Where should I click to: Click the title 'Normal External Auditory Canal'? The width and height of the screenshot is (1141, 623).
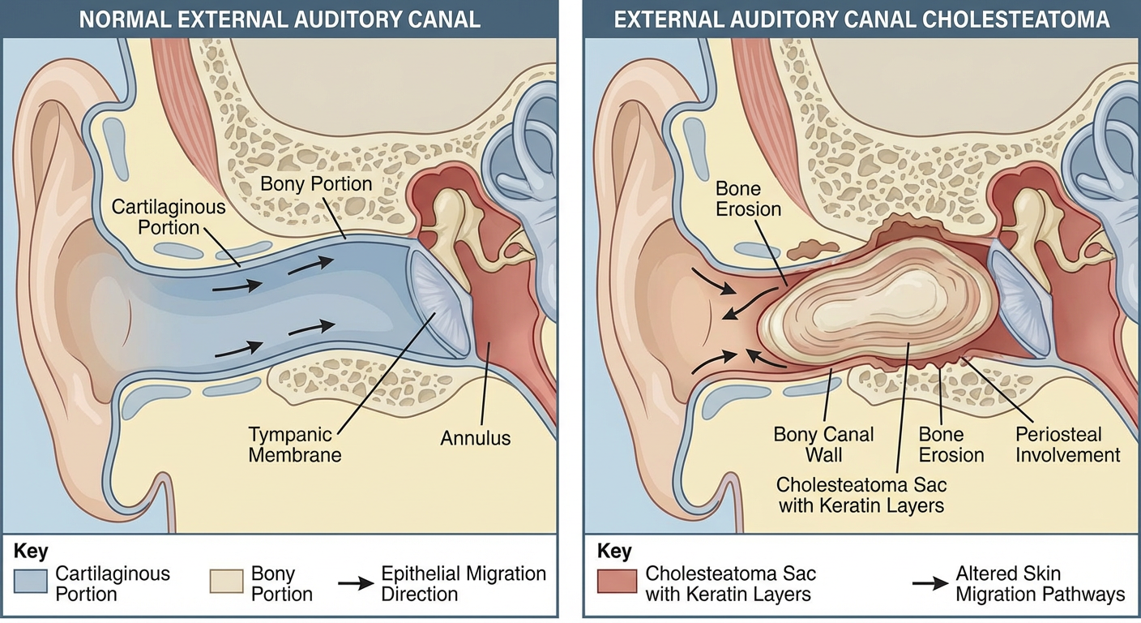click(x=280, y=19)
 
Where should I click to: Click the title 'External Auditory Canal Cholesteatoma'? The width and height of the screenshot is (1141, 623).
click(x=861, y=19)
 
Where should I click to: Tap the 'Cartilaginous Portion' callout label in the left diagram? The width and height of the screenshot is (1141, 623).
click(x=169, y=217)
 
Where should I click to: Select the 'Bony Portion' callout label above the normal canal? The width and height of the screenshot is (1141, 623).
click(x=316, y=184)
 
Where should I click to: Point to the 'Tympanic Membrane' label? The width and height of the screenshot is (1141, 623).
click(x=294, y=444)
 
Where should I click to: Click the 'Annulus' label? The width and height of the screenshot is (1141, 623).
click(x=476, y=438)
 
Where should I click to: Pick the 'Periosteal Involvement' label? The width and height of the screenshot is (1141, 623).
click(x=1067, y=444)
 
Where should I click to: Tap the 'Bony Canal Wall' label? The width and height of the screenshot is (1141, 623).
click(x=823, y=444)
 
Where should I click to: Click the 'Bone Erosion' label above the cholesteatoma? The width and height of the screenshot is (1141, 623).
click(x=748, y=199)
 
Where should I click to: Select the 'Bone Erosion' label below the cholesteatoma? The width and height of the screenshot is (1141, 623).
click(x=951, y=444)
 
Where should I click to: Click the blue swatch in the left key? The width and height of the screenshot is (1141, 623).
click(x=31, y=583)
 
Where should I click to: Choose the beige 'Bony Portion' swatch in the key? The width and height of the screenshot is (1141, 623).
click(x=226, y=583)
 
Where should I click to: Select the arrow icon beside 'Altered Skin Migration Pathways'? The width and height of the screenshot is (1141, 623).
click(x=929, y=583)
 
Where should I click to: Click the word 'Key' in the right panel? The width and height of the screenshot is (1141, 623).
click(x=614, y=552)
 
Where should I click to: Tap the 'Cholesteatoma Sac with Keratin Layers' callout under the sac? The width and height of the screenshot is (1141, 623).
click(x=861, y=495)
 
